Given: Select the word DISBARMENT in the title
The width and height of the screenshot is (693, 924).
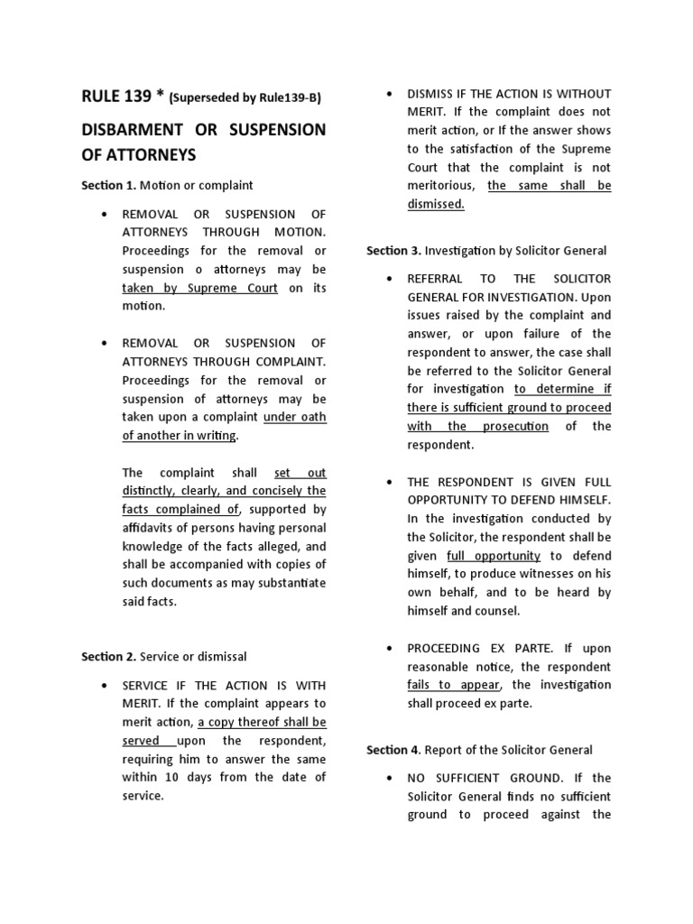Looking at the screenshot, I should pos(134,130).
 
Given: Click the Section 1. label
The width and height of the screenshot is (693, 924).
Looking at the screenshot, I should pos(107,185).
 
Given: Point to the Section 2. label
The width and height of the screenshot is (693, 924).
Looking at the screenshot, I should pos(108,656).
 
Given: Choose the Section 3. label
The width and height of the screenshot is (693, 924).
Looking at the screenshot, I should pos(393,250).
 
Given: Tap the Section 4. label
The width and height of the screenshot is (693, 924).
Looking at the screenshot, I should pos(393,749).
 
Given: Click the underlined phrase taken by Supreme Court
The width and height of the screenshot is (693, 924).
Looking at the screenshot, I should pos(200,288).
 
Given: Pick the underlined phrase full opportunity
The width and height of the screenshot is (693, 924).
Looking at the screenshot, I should pos(494,556).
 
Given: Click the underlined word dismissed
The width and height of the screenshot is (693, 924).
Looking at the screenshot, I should pos(435,204).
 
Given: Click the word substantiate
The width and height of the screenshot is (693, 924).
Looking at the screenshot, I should pos(285,583).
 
